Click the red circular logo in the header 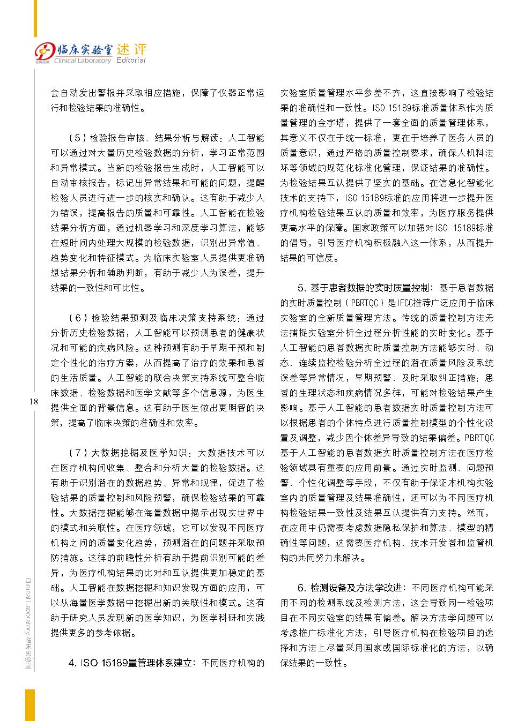(45, 52)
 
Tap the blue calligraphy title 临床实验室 (85, 50)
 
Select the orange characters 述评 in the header (132, 50)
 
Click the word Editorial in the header (131, 61)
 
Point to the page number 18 (34, 401)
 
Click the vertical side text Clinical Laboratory (28, 605)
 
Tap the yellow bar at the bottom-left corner (30, 704)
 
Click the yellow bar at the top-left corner (35, 18)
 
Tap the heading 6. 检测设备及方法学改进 (350, 588)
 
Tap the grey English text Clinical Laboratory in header (83, 61)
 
